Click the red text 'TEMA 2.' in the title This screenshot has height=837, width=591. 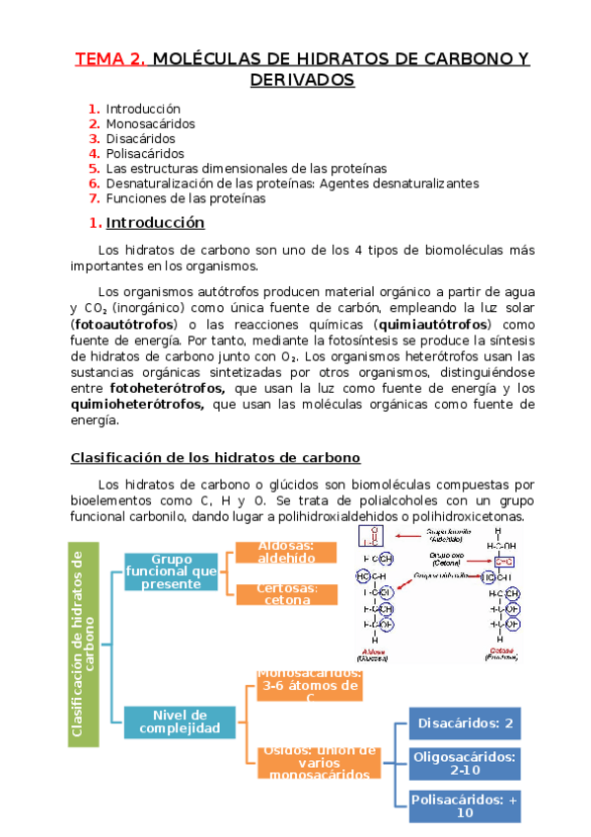111,58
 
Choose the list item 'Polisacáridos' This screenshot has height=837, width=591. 145,153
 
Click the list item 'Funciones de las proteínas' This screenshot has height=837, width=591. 185,197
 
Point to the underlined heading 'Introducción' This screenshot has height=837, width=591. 155,222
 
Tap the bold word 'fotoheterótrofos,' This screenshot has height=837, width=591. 159,388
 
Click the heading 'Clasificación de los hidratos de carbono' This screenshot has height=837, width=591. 215,458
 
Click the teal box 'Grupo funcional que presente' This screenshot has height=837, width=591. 178,571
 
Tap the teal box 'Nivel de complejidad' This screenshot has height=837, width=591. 179,722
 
